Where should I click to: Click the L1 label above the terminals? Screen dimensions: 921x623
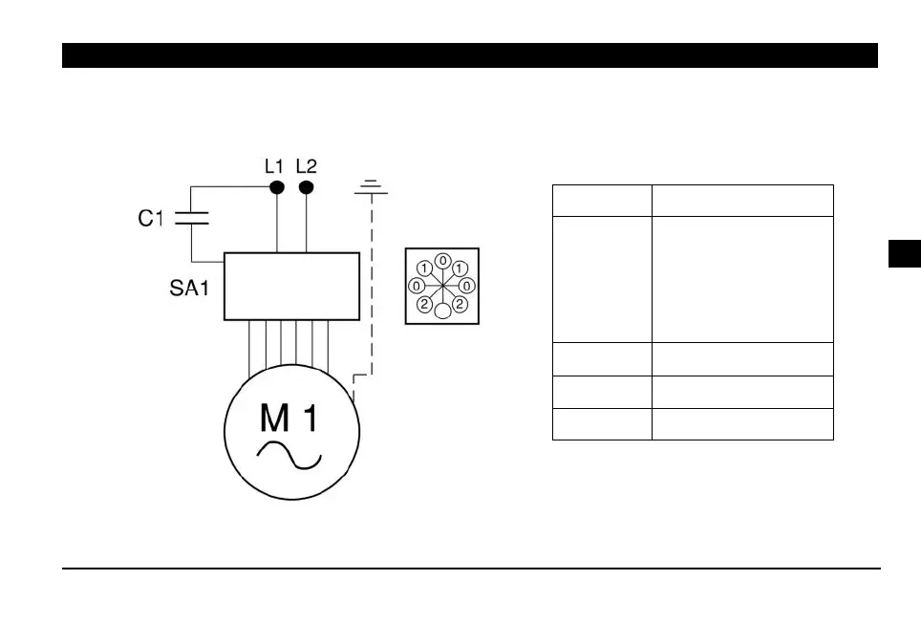(274, 165)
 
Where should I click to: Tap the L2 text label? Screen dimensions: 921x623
(306, 165)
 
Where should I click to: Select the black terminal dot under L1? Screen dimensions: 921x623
(277, 187)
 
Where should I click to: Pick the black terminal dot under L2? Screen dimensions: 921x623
(306, 187)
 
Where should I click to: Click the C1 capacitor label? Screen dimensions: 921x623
(151, 219)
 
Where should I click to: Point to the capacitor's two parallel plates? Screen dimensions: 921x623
(193, 219)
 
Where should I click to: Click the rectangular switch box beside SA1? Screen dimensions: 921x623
(291, 287)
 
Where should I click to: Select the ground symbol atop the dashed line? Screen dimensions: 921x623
(372, 187)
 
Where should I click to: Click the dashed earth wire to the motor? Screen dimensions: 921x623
(372, 287)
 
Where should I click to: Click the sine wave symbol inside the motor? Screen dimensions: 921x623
(289, 458)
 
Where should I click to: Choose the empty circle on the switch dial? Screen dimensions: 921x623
(442, 311)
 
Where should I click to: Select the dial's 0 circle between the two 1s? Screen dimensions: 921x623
(442, 260)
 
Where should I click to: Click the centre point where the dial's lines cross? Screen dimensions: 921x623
(442, 286)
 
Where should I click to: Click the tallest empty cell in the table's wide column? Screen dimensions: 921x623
(742, 279)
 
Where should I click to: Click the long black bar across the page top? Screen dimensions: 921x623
(469, 55)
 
